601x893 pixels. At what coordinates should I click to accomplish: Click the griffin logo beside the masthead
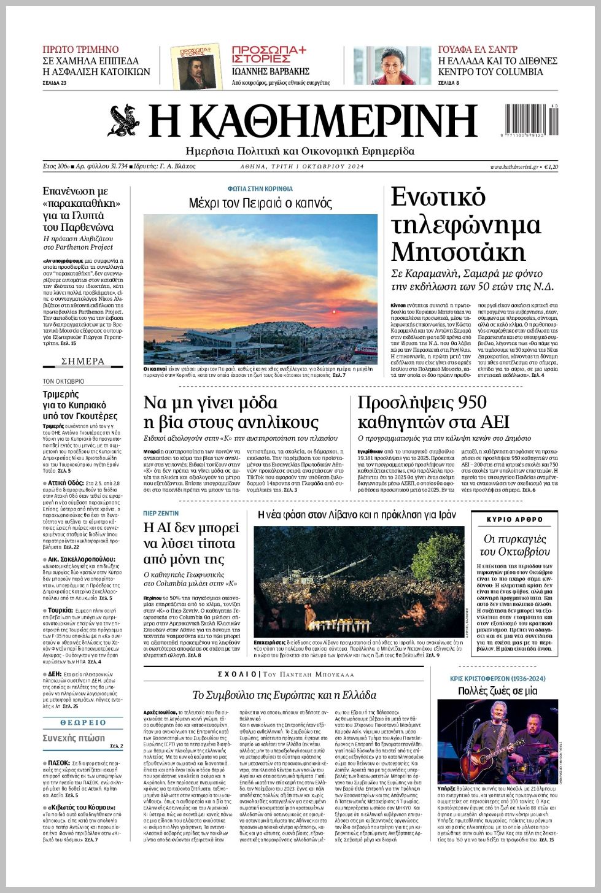pyautogui.click(x=124, y=121)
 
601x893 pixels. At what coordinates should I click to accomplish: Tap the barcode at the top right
pyautogui.click(x=532, y=120)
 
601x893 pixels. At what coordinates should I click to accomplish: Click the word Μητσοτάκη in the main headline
pyautogui.click(x=458, y=252)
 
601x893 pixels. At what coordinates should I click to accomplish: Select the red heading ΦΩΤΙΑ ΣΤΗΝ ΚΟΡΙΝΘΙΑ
pyautogui.click(x=260, y=189)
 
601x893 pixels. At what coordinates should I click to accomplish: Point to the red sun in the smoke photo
pyautogui.click(x=335, y=312)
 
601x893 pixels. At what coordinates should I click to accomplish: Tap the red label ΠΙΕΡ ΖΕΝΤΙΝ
pyautogui.click(x=161, y=513)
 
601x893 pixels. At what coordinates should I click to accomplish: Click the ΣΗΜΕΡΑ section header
pyautogui.click(x=83, y=361)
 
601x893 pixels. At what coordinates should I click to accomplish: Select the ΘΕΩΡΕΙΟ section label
pyautogui.click(x=83, y=723)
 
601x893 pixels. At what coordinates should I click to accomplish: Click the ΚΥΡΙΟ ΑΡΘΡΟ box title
pyautogui.click(x=514, y=519)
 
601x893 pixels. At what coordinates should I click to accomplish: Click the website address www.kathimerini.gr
pyautogui.click(x=514, y=167)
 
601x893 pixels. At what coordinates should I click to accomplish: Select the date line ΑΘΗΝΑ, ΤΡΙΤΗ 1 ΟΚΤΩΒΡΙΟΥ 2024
pyautogui.click(x=302, y=167)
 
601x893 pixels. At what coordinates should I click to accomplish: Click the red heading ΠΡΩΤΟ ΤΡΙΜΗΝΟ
pyautogui.click(x=80, y=49)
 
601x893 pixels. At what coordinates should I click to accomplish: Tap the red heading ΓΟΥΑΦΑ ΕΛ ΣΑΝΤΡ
pyautogui.click(x=478, y=49)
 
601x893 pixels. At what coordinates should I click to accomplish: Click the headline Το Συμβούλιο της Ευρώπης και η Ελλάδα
pyautogui.click(x=284, y=695)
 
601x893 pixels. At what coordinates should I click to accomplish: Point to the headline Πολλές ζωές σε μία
pyautogui.click(x=498, y=690)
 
